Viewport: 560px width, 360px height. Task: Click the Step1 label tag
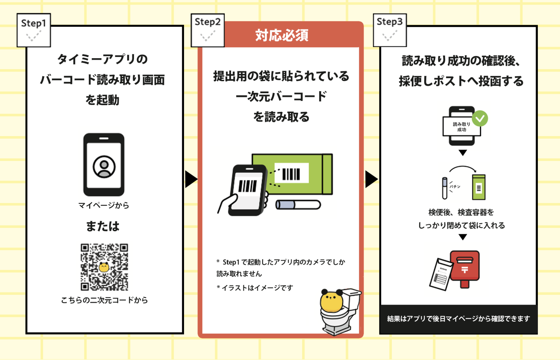34,30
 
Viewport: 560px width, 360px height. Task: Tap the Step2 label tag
208,30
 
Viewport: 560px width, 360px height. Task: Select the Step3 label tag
390,30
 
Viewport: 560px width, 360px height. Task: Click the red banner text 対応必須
282,36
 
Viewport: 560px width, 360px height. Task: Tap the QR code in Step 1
104,267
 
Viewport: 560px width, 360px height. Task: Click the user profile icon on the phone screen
104,167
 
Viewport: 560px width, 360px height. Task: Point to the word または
103,226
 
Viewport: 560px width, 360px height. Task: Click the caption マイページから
104,205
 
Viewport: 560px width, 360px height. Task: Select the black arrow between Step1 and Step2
191,179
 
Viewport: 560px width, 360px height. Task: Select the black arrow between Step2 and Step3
371,179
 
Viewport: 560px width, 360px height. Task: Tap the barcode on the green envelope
291,174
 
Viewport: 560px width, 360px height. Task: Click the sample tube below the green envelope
298,205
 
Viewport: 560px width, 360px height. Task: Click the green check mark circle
480,118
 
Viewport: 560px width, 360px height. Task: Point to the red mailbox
465,267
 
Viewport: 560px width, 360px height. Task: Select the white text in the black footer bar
458,319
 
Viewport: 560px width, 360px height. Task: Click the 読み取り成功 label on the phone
461,127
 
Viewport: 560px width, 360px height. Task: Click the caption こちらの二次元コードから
104,300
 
